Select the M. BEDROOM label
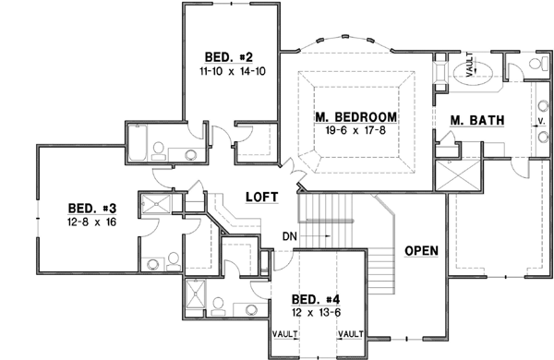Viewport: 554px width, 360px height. pyautogui.click(x=355, y=117)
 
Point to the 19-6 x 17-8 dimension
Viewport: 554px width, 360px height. pyautogui.click(x=355, y=131)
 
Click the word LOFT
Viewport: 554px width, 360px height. pyautogui.click(x=262, y=198)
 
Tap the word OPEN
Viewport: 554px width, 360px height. pyautogui.click(x=420, y=251)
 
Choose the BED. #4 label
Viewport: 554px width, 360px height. pyautogui.click(x=318, y=299)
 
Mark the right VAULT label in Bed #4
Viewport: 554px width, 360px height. pyautogui.click(x=352, y=332)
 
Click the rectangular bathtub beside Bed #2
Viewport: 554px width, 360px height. pyautogui.click(x=134, y=145)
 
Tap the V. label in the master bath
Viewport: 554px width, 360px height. pyautogui.click(x=540, y=120)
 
